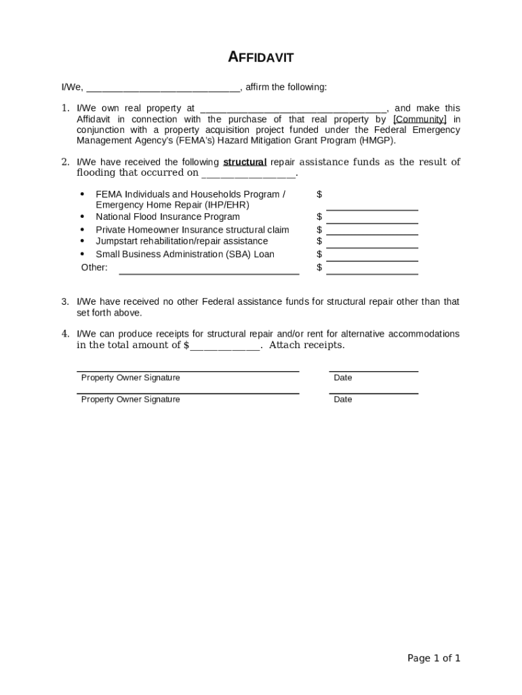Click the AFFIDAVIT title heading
260,58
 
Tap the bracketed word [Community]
420,119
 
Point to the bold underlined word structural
245,162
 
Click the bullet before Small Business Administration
82,255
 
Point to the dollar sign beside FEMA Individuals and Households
319,195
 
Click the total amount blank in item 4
224,346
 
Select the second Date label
343,400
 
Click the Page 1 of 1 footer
434,658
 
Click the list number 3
65,301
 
